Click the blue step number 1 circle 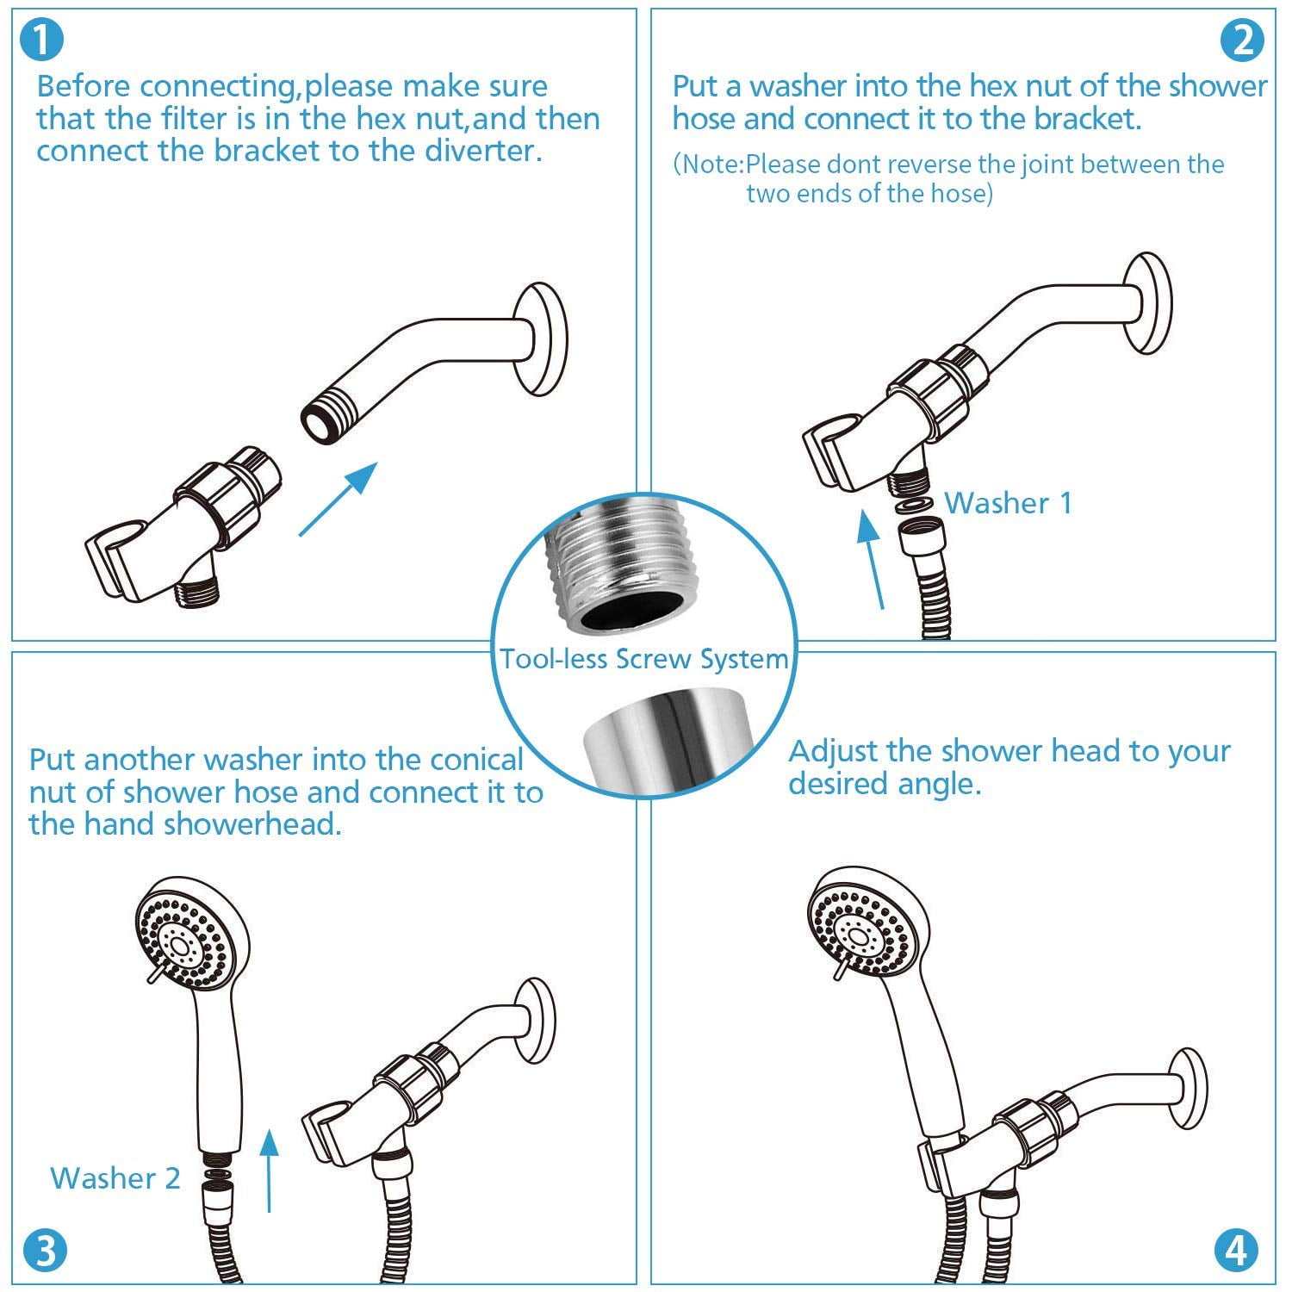tap(40, 40)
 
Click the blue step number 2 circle tap(1243, 40)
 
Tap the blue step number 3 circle tap(45, 1251)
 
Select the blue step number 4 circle tap(1236, 1251)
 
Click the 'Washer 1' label tap(1009, 503)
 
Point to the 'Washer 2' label tap(115, 1177)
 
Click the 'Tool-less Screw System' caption tap(644, 659)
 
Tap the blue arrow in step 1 tap(339, 499)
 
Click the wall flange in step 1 tap(539, 339)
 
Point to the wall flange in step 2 tap(1146, 302)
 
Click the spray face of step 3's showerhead tap(185, 941)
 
